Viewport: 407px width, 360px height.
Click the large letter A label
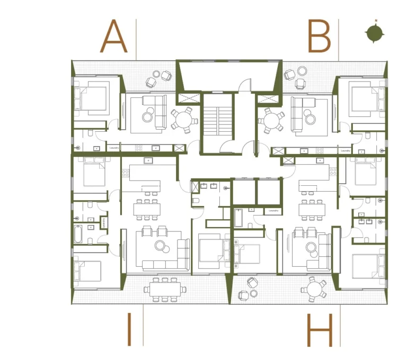[x=114, y=37]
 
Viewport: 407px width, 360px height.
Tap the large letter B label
[x=319, y=37]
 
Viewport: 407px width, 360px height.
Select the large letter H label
[x=320, y=330]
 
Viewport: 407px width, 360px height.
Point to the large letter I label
[x=129, y=329]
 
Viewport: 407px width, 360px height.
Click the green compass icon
[x=375, y=33]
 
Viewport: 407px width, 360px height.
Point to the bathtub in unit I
[x=78, y=234]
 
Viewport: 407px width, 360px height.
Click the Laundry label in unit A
[x=114, y=148]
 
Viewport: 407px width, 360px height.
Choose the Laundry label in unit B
[x=345, y=151]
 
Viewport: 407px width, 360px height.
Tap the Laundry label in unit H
[x=273, y=211]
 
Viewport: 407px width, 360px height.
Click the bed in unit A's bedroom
[x=93, y=97]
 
